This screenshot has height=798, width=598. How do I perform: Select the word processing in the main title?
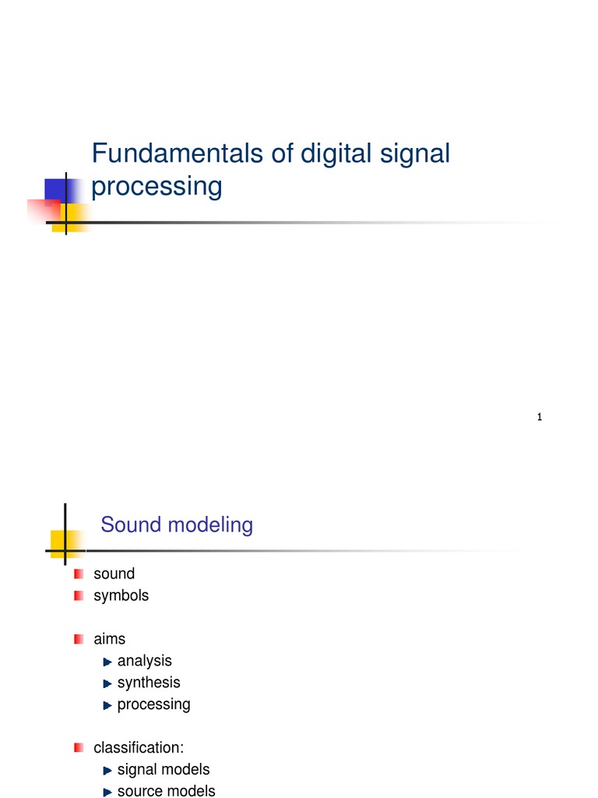click(157, 187)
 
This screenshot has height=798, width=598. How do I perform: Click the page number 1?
click(539, 418)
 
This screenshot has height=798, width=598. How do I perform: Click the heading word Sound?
click(127, 525)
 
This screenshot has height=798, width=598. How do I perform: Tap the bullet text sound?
click(114, 574)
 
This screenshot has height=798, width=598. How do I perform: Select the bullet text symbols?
click(121, 595)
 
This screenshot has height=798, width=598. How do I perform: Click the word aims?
click(109, 639)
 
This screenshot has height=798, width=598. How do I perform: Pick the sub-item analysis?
click(144, 661)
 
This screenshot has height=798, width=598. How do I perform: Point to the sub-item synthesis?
click(148, 683)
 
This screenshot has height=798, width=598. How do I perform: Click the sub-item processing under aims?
click(153, 704)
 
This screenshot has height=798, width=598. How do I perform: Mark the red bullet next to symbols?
click(79, 595)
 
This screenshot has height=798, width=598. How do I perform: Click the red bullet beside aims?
click(79, 639)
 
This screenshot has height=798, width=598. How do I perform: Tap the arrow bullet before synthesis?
click(107, 683)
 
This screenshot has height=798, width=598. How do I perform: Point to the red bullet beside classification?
click(79, 748)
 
